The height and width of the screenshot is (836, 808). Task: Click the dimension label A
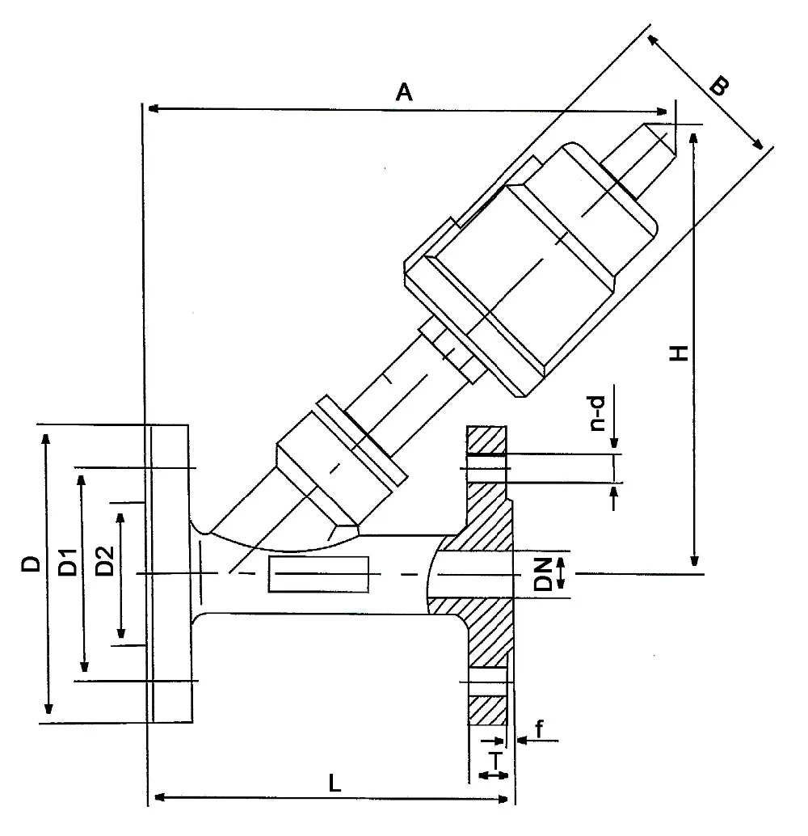pyautogui.click(x=404, y=92)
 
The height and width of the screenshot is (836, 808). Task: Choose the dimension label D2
pyautogui.click(x=103, y=561)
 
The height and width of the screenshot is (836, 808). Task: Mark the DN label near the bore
pyautogui.click(x=542, y=573)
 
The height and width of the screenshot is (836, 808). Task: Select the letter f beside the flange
pyautogui.click(x=539, y=728)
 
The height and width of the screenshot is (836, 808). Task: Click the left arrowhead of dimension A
pyautogui.click(x=149, y=108)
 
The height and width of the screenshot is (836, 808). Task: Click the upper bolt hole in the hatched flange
pyautogui.click(x=487, y=468)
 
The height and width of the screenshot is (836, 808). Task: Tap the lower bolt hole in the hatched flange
pyautogui.click(x=487, y=682)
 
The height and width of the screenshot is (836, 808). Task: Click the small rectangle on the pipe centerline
pyautogui.click(x=319, y=574)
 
